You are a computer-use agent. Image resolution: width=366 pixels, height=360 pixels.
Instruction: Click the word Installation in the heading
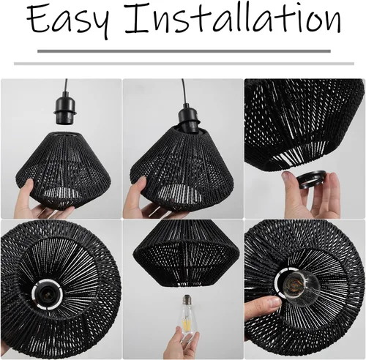(x=233, y=19)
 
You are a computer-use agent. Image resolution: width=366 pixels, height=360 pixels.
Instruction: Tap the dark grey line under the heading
(x=184, y=51)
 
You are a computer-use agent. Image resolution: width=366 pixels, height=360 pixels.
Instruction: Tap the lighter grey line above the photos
(x=184, y=64)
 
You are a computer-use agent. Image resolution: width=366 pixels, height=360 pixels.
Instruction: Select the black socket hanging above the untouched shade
(x=65, y=110)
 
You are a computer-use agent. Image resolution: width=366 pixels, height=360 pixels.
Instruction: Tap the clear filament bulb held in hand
(x=187, y=317)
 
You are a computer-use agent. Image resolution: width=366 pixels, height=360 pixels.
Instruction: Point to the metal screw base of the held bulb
(x=187, y=299)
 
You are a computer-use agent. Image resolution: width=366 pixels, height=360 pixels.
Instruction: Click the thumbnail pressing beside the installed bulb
(x=276, y=302)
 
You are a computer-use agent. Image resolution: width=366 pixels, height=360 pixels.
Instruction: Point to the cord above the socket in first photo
(x=65, y=88)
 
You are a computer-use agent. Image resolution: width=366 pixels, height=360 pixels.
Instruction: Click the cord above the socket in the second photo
(x=184, y=91)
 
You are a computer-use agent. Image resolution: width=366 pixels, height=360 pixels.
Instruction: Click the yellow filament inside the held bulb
(x=187, y=323)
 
